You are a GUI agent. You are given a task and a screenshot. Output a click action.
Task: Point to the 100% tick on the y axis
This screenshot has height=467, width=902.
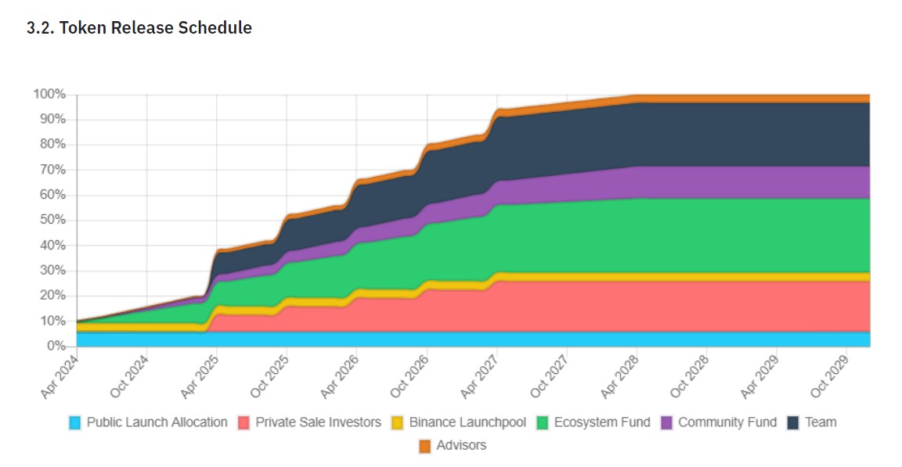tap(49, 95)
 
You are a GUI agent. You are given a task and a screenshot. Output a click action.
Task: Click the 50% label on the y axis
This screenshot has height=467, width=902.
tap(52, 220)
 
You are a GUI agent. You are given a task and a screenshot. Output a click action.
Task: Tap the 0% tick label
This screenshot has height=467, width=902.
tap(56, 346)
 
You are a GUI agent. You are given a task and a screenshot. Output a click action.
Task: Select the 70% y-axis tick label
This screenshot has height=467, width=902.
tap(52, 170)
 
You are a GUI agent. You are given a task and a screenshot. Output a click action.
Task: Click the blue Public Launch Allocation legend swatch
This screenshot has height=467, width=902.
tap(75, 422)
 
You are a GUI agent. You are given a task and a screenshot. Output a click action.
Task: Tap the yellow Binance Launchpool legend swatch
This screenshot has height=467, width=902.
tap(398, 422)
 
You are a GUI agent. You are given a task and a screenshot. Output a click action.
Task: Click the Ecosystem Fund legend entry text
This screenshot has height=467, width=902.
tap(601, 422)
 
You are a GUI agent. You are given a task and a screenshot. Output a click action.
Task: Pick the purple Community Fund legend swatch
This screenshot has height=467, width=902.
tap(667, 422)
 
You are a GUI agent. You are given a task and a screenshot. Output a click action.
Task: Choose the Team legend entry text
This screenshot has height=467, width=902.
tap(821, 422)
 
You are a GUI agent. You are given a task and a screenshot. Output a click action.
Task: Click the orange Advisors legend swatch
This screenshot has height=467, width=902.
tap(425, 446)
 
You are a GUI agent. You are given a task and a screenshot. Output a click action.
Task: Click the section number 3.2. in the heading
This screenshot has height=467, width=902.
tap(41, 27)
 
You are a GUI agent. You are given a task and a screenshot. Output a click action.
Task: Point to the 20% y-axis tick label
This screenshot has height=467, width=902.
tap(52, 296)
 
